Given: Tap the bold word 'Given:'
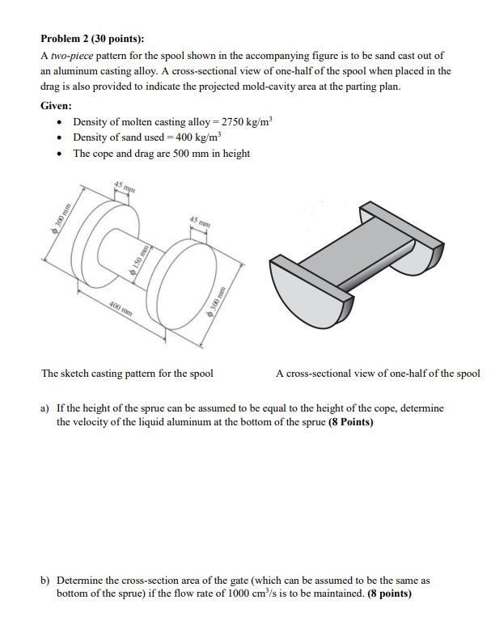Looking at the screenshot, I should point(57,106).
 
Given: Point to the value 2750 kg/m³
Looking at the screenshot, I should point(242,122).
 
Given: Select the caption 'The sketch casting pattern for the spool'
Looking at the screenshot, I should point(127,374).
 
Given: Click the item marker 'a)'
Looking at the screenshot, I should point(46,409).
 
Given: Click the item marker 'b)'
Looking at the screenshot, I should point(46,581).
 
